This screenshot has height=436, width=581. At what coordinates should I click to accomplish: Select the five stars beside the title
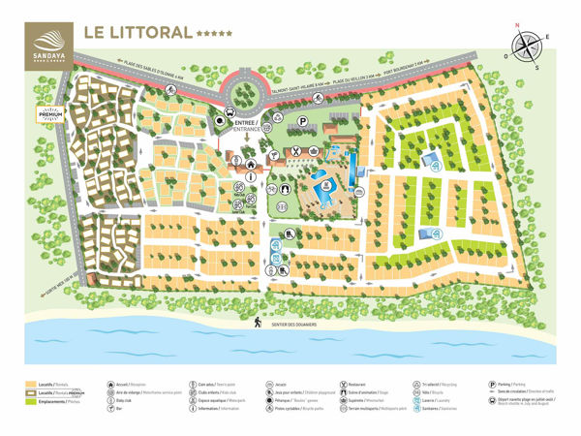214,33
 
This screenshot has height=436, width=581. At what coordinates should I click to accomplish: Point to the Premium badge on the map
50,113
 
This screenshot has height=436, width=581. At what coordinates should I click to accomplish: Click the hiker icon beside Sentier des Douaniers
259,321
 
